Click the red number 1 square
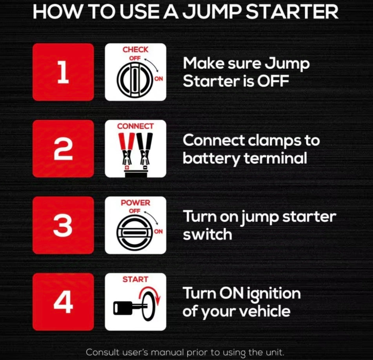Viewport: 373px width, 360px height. (x=63, y=72)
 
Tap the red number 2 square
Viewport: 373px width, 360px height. (x=63, y=148)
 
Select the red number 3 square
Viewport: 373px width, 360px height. (x=63, y=225)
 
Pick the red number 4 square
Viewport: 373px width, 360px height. (x=63, y=302)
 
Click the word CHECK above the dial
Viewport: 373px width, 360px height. (x=135, y=50)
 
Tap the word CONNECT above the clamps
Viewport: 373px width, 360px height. (x=135, y=126)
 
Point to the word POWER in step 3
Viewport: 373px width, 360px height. (x=135, y=203)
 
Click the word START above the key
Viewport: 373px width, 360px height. (x=135, y=280)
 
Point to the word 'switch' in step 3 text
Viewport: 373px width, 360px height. (x=207, y=235)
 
